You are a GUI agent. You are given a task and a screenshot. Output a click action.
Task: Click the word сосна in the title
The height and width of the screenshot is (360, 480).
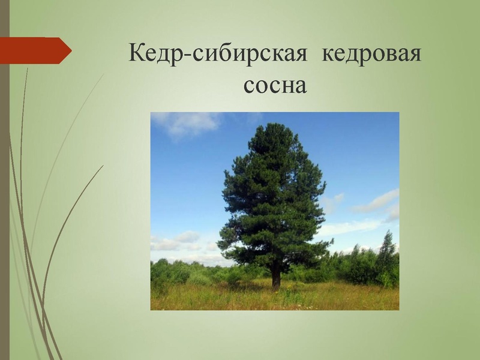[275, 86]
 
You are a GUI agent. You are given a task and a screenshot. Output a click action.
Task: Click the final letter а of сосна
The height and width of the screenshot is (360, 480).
[301, 87]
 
